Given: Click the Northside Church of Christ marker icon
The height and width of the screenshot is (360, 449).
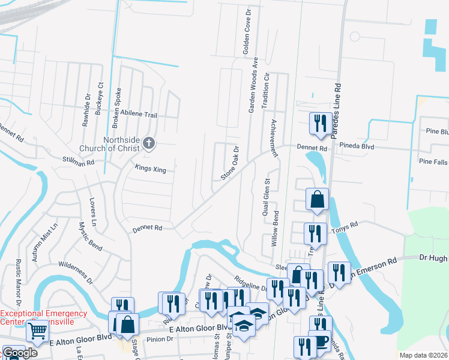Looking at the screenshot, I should tap(149, 143).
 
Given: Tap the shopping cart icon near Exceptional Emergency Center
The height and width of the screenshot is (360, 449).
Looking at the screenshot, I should tap(37, 331).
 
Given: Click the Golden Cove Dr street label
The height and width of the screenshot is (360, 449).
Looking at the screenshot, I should tap(246, 32).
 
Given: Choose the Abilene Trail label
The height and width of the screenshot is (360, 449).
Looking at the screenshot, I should tap(139, 115).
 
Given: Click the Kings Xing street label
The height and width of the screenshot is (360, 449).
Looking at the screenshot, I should tap(150, 170).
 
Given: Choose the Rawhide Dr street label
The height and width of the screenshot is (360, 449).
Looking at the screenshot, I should tap(87, 104).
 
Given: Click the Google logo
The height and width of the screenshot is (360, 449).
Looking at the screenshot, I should tap(20, 353).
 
